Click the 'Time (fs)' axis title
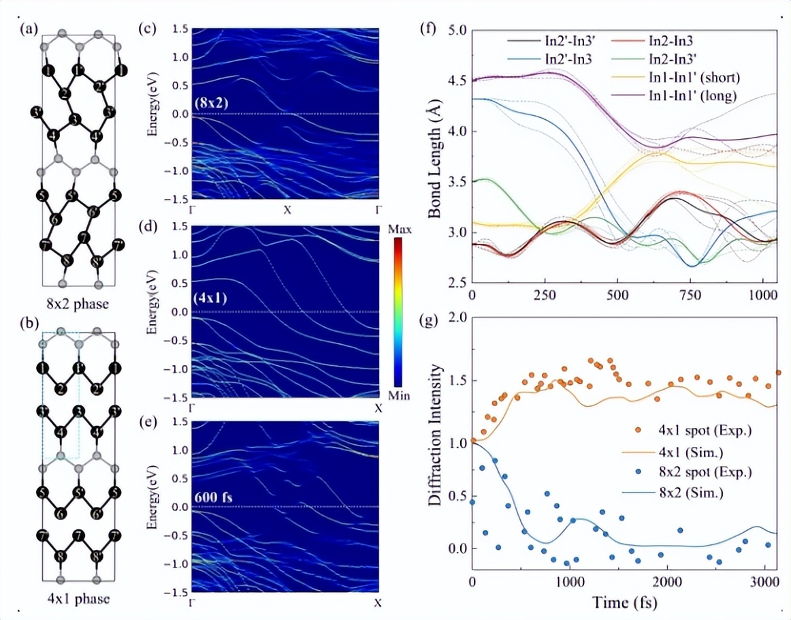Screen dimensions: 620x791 624,603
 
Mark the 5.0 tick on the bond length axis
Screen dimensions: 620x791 457,31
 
